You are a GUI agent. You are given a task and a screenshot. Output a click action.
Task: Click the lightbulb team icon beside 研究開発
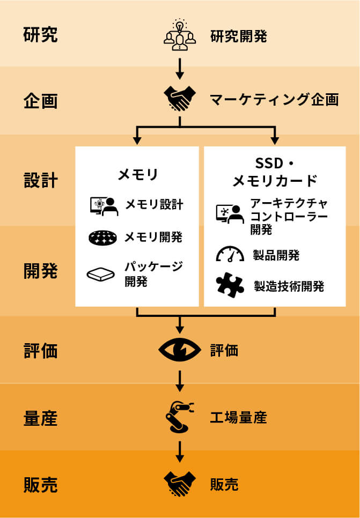180,35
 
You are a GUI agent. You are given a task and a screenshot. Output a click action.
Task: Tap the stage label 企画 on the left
40,100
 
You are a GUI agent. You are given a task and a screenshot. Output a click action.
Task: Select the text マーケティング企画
274,100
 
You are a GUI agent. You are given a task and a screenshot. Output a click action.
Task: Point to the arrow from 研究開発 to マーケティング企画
180,68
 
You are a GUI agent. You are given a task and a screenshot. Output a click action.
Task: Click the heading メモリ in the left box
137,174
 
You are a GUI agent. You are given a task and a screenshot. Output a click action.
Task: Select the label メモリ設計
154,205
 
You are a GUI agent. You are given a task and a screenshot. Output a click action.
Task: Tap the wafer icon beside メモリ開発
102,238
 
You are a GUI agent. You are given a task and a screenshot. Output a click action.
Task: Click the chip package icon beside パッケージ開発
101,274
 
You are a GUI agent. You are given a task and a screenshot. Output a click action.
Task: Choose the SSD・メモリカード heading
275,172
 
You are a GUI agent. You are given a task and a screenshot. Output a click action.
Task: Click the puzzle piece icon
230,285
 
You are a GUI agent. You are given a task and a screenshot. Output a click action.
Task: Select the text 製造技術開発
289,286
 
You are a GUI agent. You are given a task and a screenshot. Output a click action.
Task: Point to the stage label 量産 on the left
40,418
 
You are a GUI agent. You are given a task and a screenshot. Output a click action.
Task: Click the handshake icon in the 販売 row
180,484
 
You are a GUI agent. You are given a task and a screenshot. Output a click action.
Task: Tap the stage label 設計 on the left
40,180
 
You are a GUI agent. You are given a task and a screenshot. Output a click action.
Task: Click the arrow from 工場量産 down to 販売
180,450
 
